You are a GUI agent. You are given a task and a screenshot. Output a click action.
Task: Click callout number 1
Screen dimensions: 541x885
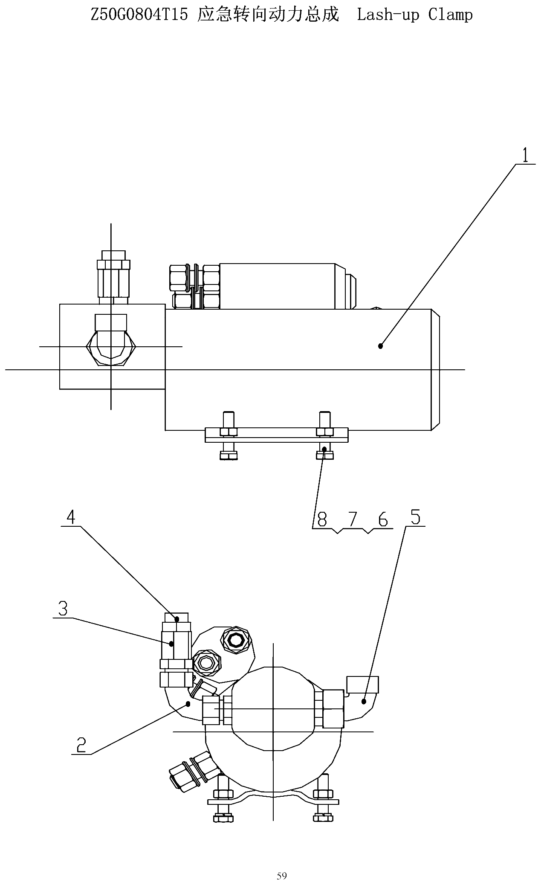coord(525,155)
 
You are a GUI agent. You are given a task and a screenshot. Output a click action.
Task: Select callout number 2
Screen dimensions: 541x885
coord(81,745)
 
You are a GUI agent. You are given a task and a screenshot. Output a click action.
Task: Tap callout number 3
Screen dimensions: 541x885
coord(63,609)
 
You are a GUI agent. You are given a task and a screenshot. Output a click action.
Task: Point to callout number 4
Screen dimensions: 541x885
coord(71,517)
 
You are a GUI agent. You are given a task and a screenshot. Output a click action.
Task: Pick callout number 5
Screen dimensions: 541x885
coord(415,517)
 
